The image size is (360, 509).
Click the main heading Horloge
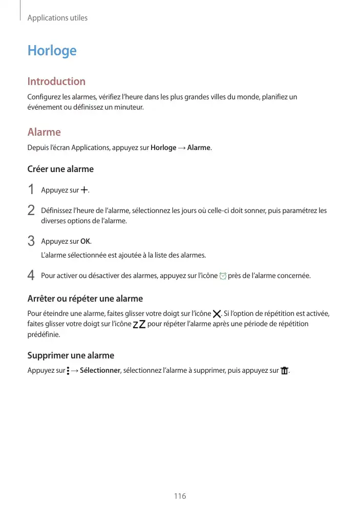pyautogui.click(x=52, y=51)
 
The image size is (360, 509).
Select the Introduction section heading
pyautogui.click(x=56, y=81)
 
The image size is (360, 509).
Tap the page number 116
pyautogui.click(x=180, y=496)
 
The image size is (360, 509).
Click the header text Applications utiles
pyautogui.click(x=57, y=18)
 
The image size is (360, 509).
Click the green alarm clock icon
pyautogui.click(x=222, y=276)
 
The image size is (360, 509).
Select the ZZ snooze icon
pyautogui.click(x=139, y=324)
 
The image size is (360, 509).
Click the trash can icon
pyautogui.click(x=285, y=371)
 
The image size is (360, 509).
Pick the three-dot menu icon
pyautogui.click(x=68, y=371)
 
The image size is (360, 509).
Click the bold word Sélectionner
pyautogui.click(x=100, y=371)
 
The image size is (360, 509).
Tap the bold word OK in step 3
pyautogui.click(x=86, y=241)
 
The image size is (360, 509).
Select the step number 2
pyautogui.click(x=31, y=210)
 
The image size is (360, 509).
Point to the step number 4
pyautogui.click(x=31, y=276)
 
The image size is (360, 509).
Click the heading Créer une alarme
pyautogui.click(x=60, y=169)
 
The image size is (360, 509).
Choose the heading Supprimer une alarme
pyautogui.click(x=71, y=355)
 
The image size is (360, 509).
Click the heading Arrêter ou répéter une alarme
pyautogui.click(x=85, y=299)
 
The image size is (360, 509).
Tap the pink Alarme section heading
pyautogui.click(x=44, y=132)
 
